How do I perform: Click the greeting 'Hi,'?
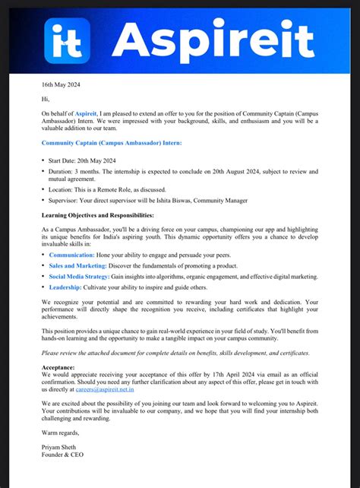click(x=46, y=99)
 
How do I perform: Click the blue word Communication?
click(x=76, y=255)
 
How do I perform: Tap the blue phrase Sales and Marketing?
click(x=77, y=266)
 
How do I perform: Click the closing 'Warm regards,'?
click(x=60, y=433)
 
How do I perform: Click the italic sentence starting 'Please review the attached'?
click(x=175, y=353)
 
